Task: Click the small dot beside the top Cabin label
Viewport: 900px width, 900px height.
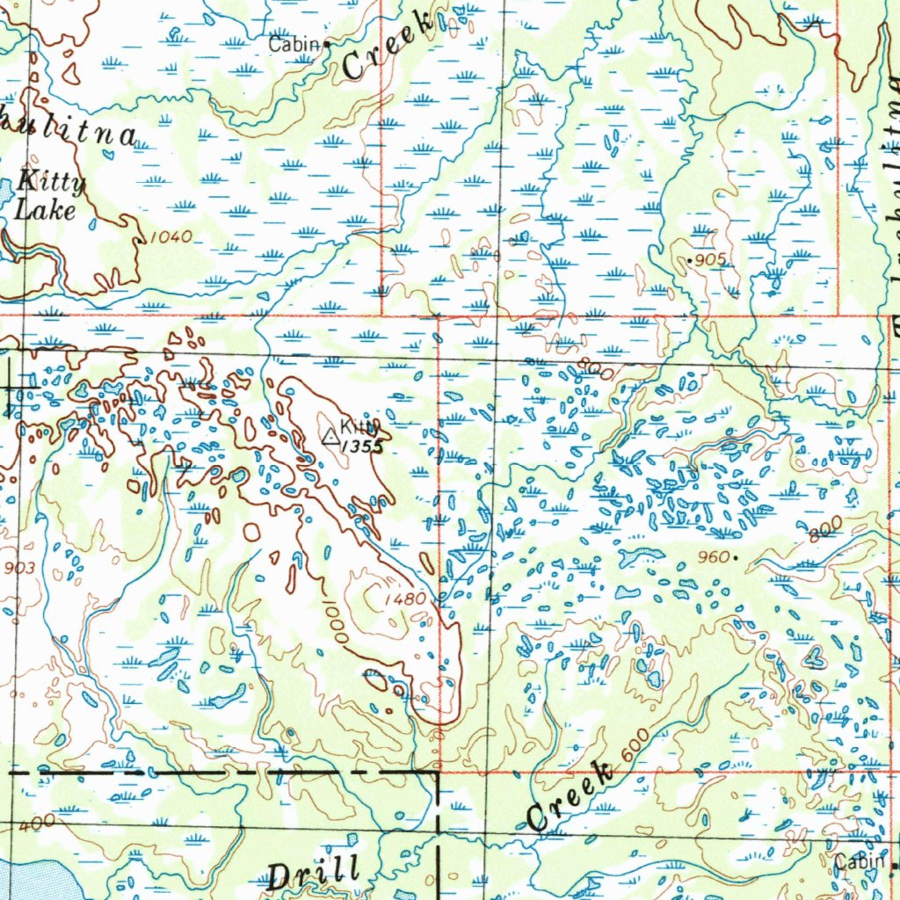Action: click(327, 42)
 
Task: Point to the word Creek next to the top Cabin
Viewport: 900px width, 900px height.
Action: click(388, 47)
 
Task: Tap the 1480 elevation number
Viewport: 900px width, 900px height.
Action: click(405, 599)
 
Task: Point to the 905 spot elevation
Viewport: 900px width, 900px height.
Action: click(710, 261)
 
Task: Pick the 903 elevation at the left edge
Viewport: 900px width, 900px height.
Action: click(18, 569)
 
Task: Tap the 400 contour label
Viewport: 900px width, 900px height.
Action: click(38, 822)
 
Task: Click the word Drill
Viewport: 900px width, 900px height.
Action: click(313, 873)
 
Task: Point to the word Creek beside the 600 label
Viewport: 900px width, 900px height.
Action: click(570, 796)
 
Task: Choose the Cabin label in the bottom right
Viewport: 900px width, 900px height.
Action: click(860, 862)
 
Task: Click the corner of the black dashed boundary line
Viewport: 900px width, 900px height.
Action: click(438, 772)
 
